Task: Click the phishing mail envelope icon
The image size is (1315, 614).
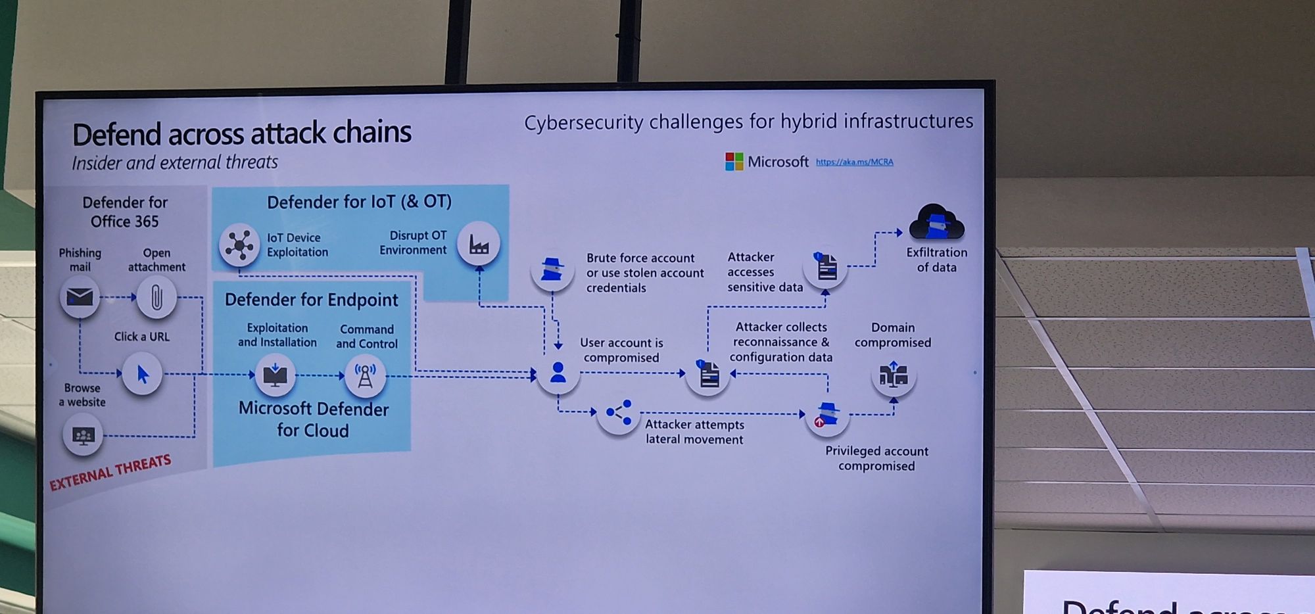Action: tap(80, 297)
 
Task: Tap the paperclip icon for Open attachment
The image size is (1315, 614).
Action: tap(156, 297)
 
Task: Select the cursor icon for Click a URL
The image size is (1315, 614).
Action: tap(142, 374)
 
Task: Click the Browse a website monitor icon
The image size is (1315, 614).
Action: tap(83, 436)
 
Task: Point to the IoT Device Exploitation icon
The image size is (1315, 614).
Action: tap(239, 245)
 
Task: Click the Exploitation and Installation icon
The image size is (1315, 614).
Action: tap(275, 375)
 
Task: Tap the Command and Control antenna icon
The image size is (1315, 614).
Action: tap(365, 375)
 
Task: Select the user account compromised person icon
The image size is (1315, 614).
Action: tap(558, 373)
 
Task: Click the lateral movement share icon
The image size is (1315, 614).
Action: tap(619, 413)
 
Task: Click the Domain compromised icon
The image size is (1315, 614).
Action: tap(894, 375)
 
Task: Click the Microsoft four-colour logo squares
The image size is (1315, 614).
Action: tap(734, 162)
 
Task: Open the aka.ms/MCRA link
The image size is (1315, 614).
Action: tap(854, 162)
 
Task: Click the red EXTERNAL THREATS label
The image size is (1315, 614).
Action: tap(110, 472)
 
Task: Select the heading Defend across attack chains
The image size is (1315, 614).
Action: tap(241, 133)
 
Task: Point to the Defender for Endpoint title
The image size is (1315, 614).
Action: tap(311, 300)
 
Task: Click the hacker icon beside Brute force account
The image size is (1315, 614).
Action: tap(552, 270)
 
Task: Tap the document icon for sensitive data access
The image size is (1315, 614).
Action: tap(826, 267)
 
